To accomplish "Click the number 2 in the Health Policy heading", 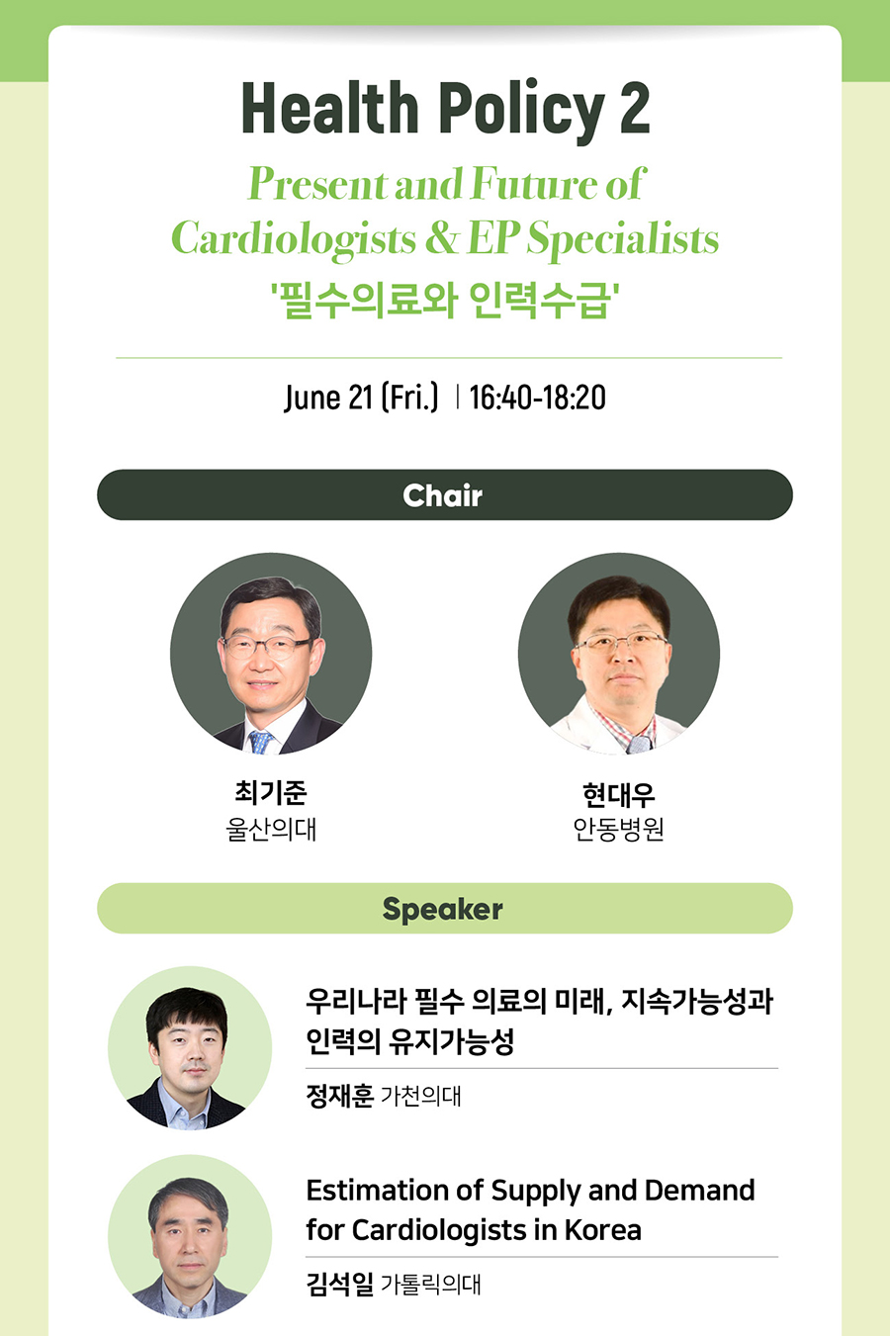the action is click(634, 107).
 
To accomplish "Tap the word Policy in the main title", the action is click(521, 112).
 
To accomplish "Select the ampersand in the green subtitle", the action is click(441, 238).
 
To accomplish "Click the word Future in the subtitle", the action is click(535, 183).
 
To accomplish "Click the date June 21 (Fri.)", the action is click(361, 398).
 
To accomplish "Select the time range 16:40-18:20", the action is click(537, 398).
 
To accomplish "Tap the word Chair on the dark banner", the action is click(443, 495).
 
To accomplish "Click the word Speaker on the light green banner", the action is click(443, 910).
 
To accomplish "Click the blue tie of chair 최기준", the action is click(261, 742).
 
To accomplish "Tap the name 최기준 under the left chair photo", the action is click(271, 792).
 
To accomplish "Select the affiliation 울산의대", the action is click(271, 829).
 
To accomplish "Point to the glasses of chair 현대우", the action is click(620, 643).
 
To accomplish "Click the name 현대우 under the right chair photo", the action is click(619, 794).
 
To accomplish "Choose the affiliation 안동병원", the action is click(619, 829).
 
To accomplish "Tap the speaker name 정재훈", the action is click(339, 1096).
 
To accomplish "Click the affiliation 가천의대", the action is click(420, 1096).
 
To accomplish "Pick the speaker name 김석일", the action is click(339, 1285).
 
